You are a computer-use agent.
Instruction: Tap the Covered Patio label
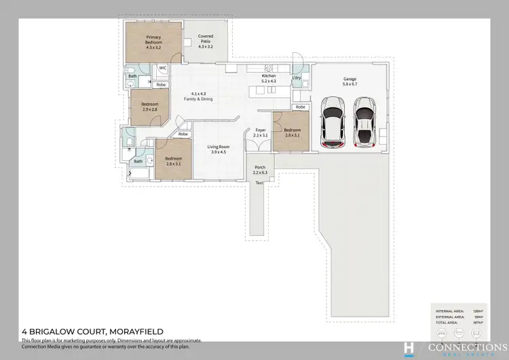coord(206,41)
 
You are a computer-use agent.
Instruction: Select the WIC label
coord(163,68)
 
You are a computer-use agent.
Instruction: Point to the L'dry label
coord(297,79)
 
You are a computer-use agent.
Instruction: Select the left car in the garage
coord(333,122)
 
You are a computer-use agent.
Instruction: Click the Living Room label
coord(218,149)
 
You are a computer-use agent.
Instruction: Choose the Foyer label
coord(261,132)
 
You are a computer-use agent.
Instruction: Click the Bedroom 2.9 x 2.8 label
coord(150,107)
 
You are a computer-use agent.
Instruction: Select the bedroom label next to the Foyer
coord(293,132)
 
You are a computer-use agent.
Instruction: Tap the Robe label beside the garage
coord(300,107)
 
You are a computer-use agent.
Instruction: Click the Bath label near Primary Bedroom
coord(132,76)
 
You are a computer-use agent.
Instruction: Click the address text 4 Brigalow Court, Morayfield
coord(92,331)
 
